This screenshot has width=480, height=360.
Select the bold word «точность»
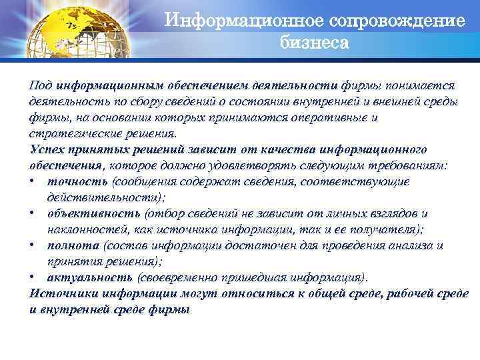pyautogui.click(x=78, y=181)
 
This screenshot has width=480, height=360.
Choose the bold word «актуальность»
pyautogui.click(x=90, y=277)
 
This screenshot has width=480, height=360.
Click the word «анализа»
pyautogui.click(x=409, y=245)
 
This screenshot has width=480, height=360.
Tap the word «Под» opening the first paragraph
pyautogui.click(x=40, y=85)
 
